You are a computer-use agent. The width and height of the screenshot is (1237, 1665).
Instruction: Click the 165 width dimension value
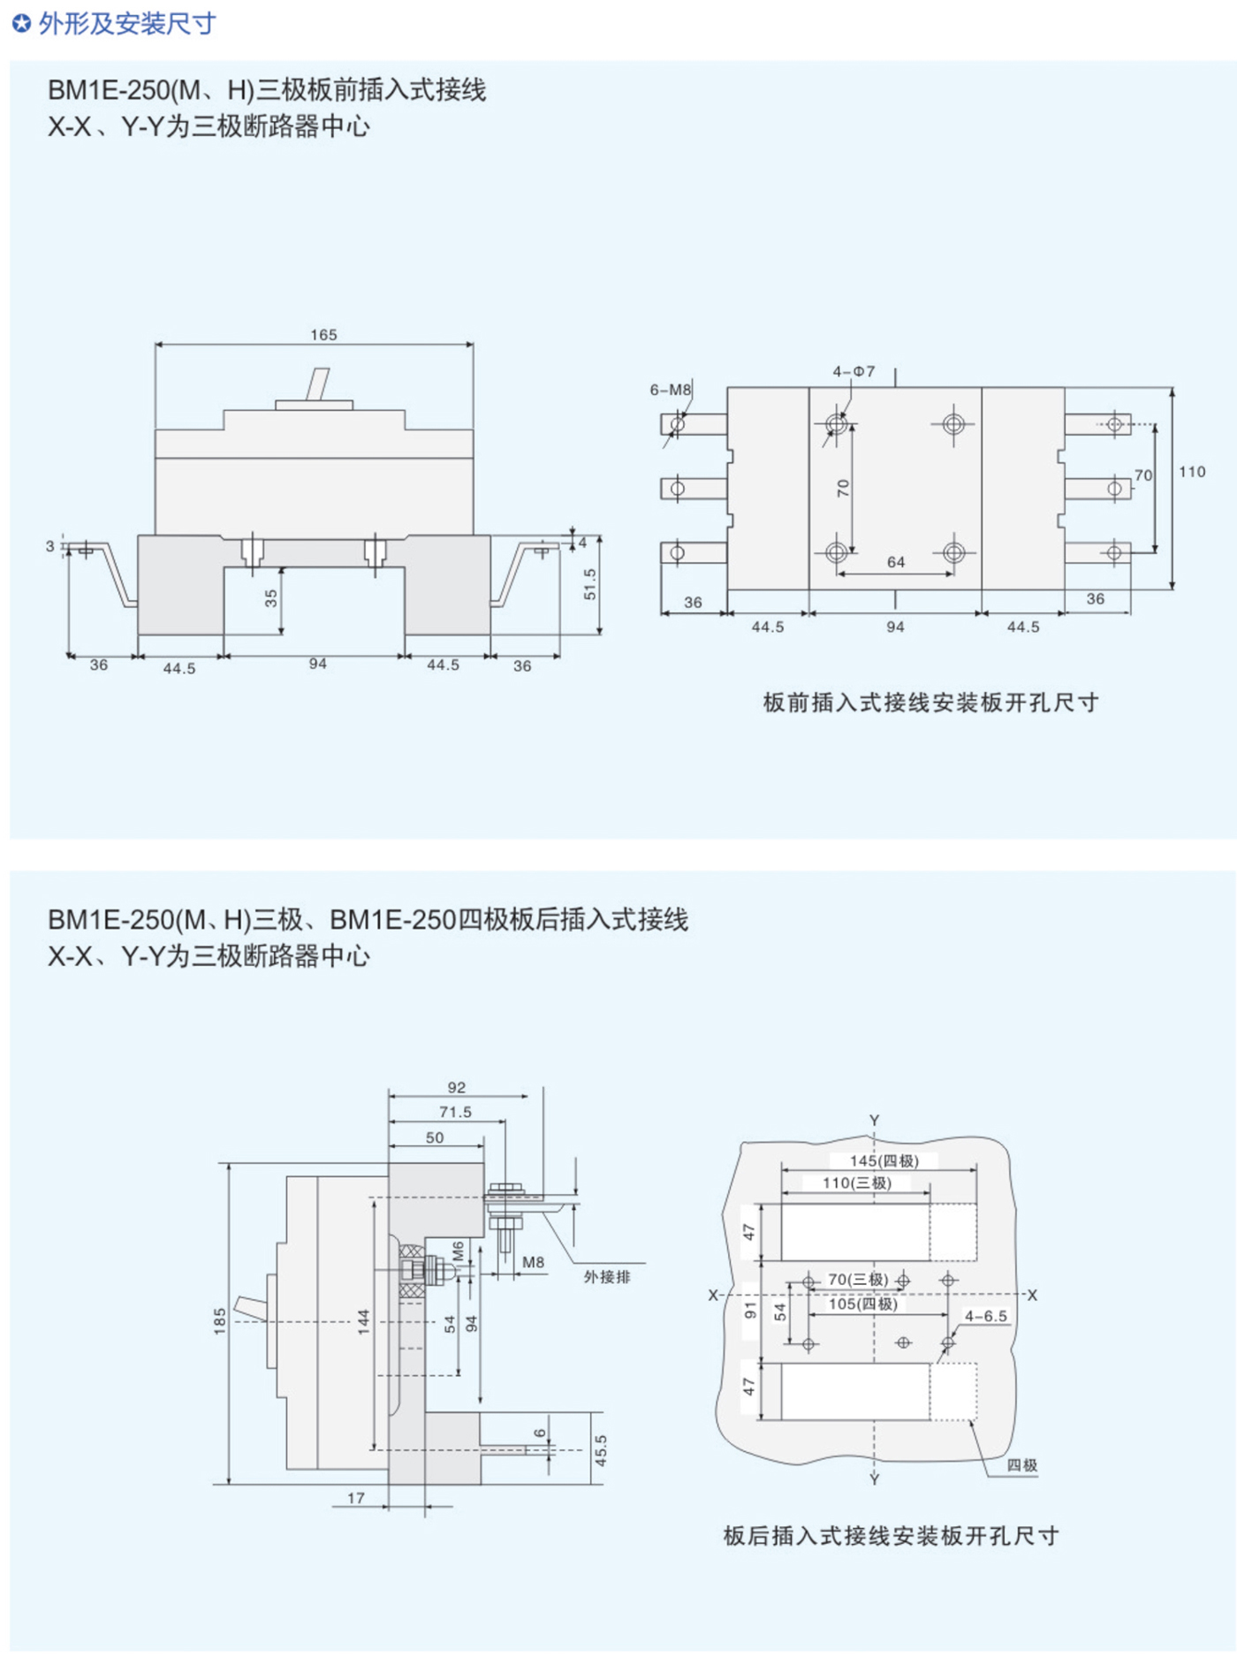(323, 335)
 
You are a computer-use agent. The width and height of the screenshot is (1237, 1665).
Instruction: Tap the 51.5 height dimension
(589, 583)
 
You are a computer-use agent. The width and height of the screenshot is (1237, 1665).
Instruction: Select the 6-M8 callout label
(670, 390)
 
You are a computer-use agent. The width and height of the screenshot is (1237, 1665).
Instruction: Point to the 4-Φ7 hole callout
(854, 371)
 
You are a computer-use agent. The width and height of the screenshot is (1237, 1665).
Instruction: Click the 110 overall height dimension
(1191, 472)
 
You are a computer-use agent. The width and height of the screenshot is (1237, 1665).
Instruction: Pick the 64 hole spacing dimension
(895, 562)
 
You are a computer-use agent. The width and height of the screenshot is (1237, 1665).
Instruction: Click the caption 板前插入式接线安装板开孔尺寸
(930, 703)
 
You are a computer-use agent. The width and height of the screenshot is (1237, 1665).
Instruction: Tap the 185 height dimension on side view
(220, 1320)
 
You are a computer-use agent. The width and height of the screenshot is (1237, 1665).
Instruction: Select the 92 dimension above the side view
(456, 1087)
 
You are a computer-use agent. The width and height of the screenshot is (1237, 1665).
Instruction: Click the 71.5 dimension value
(455, 1112)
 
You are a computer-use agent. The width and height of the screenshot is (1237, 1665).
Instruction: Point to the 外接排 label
(607, 1276)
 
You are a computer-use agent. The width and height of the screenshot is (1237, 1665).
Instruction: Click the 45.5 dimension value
(601, 1450)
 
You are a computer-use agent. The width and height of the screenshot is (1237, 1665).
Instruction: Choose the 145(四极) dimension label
(884, 1160)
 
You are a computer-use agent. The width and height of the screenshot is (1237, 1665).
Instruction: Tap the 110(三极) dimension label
(856, 1182)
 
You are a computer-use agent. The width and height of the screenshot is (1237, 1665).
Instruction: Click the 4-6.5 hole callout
(985, 1316)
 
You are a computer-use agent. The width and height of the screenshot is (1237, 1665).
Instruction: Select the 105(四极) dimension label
(862, 1304)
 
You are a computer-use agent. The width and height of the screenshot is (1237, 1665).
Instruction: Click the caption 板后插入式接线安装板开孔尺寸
(891, 1536)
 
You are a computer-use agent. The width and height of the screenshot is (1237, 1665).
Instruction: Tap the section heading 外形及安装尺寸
(126, 24)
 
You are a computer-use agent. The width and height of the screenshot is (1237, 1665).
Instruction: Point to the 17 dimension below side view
(355, 1497)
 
